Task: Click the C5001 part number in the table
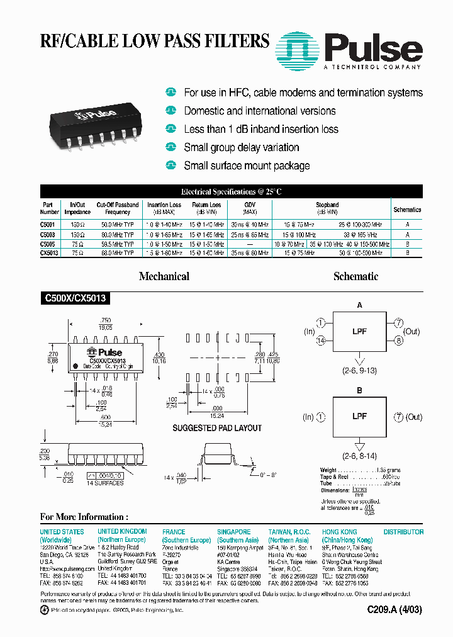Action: click(48, 224)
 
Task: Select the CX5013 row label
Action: click(49, 252)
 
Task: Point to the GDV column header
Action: click(250, 205)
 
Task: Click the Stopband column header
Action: click(327, 205)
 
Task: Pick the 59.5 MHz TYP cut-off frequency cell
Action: click(118, 244)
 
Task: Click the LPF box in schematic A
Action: click(359, 332)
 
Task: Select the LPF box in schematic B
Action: click(359, 417)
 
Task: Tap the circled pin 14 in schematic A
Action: click(322, 341)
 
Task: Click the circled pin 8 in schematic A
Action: click(398, 341)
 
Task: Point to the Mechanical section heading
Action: click(164, 276)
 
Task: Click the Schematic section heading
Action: click(355, 276)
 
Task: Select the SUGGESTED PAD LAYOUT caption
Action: click(217, 428)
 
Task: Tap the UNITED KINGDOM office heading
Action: click(122, 532)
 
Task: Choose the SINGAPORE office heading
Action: click(234, 532)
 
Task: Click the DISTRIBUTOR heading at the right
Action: click(403, 532)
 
